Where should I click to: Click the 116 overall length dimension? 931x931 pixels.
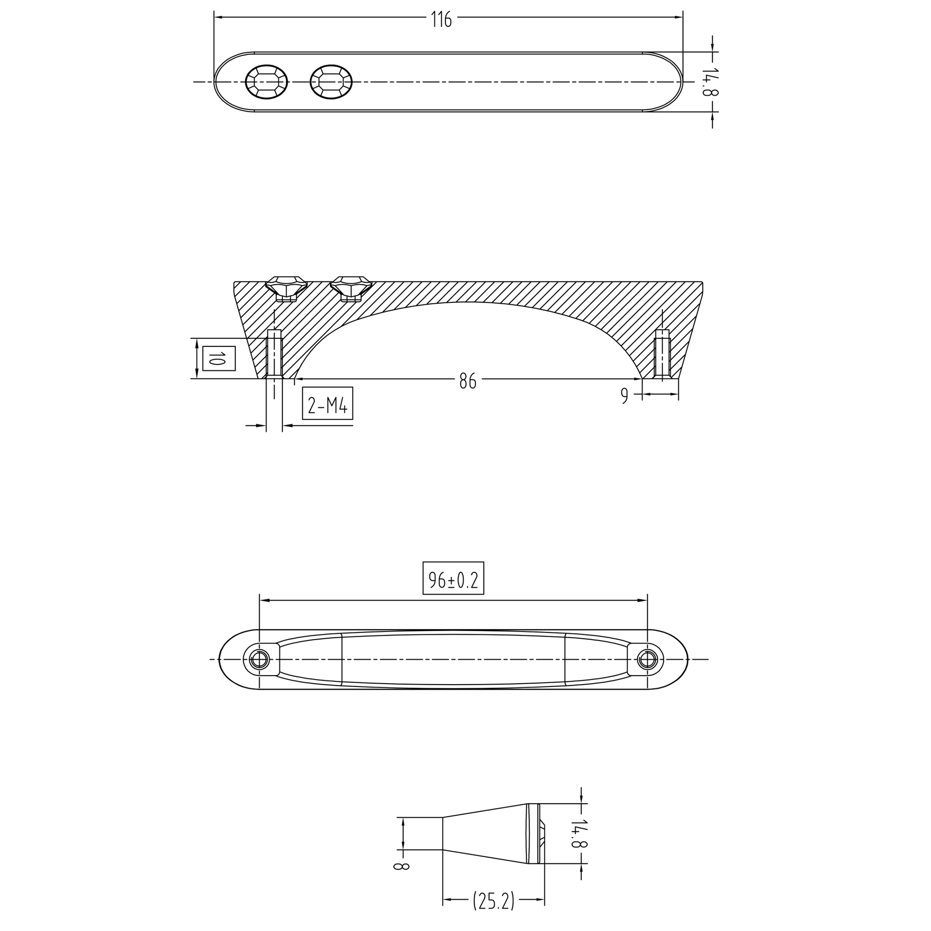pos(441,20)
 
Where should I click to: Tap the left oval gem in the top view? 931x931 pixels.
pos(266,82)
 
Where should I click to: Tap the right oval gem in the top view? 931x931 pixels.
pos(331,82)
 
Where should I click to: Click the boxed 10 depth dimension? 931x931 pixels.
pos(219,358)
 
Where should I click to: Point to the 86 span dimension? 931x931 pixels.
pos(467,381)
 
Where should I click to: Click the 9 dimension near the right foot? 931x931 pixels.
pos(624,396)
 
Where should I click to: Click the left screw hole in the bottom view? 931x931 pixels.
pos(260,659)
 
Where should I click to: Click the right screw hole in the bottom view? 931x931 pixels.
pos(647,659)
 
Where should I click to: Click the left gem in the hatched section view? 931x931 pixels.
pos(287,288)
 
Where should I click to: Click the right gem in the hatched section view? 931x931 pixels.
pos(351,288)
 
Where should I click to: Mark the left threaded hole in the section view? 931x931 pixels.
pos(274,354)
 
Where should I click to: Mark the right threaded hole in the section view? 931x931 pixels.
pos(662,354)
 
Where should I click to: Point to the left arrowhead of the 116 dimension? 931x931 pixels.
pos(218,17)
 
